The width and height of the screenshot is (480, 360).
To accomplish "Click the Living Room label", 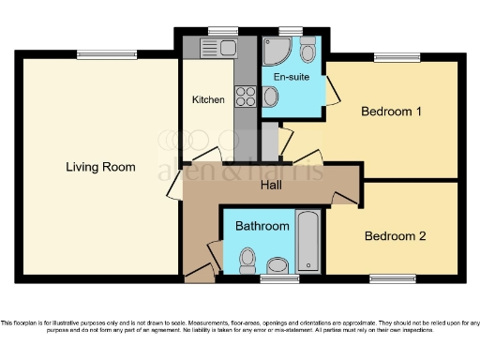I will point(100,167).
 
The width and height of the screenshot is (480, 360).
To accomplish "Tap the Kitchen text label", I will point(208,99).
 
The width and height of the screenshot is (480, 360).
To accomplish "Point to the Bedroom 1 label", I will point(391,112).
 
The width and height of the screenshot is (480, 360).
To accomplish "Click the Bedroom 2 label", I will point(395,235).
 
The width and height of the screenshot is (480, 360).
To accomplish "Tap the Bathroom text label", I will point(262,226).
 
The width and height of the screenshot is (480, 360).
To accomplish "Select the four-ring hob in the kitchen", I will point(246,96).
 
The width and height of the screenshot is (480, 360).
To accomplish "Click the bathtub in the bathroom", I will point(308,243).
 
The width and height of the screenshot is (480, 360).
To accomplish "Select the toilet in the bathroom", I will point(248,257).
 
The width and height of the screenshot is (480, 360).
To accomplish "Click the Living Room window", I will point(96,52).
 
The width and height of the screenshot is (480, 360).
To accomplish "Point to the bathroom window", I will point(273,278).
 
